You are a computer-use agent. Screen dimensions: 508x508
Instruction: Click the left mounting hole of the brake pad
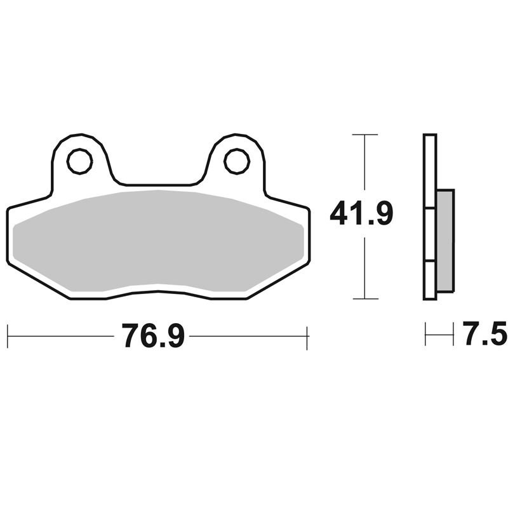click(x=80, y=161)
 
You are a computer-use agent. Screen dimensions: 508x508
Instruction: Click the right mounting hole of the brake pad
click(x=237, y=161)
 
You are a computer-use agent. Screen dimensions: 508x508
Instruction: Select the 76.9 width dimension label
click(x=153, y=336)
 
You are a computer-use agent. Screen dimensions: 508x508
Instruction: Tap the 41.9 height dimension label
click(x=361, y=213)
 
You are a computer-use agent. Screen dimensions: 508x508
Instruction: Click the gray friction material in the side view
click(x=446, y=241)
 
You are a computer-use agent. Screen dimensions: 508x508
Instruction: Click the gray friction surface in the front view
click(x=158, y=241)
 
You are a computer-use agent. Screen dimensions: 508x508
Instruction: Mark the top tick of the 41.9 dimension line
click(x=365, y=135)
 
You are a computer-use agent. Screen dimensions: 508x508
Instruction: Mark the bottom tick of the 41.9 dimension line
click(x=365, y=298)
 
